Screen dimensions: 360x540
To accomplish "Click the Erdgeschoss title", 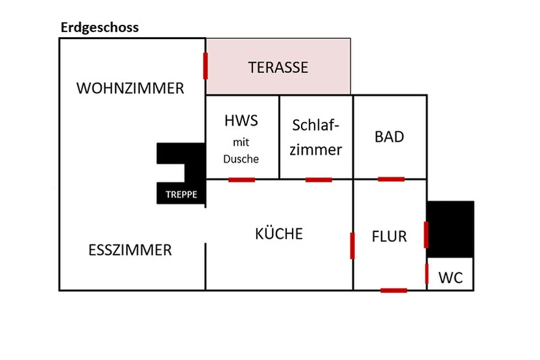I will tap(99, 27).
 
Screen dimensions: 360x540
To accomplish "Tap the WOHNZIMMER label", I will tap(130, 88).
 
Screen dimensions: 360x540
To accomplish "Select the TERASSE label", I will tap(278, 67).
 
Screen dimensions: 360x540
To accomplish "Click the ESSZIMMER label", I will tap(130, 250).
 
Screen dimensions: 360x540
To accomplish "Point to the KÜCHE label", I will tap(279, 234).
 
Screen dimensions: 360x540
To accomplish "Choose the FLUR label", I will tap(389, 236).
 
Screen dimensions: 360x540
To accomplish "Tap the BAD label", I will tap(389, 137).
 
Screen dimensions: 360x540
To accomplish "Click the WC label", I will tap(450, 278).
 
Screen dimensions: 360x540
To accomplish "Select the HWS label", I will tap(241, 121).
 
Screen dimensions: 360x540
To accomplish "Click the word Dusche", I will tap(241, 159).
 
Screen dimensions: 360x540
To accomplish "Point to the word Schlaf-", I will tap(315, 125).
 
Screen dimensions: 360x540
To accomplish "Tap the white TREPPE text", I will tap(181, 195).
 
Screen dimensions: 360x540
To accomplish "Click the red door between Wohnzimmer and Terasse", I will tap(206, 66).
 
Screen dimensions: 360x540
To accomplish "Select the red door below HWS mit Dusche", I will tap(242, 180).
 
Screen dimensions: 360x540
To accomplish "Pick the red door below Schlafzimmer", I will tap(319, 180).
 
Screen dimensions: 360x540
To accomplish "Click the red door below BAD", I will tap(391, 180).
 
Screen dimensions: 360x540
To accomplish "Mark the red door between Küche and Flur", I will tap(352, 246).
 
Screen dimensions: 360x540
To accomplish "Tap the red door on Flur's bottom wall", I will tap(394, 291).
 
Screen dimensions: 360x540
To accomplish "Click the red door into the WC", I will tap(427, 274).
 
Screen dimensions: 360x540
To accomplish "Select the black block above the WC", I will tap(450, 229).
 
